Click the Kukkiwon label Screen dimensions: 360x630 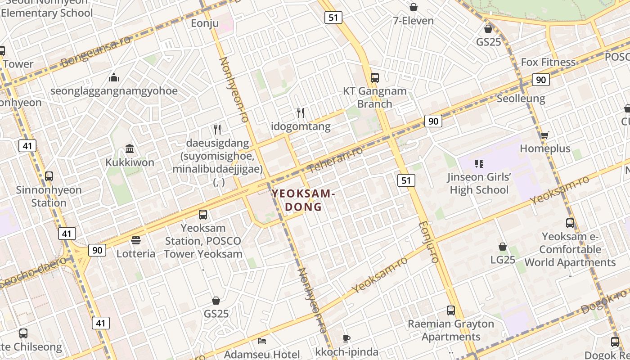130,162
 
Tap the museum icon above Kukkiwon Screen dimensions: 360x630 130,148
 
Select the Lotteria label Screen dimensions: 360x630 136,254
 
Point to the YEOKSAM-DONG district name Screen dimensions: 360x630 303,201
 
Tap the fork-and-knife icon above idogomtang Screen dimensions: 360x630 301,113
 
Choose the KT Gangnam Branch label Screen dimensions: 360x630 375,97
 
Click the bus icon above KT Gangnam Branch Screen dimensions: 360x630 375,78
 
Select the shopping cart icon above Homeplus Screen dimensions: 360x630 544,135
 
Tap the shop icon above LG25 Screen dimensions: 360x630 503,247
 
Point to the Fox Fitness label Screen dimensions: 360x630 548,62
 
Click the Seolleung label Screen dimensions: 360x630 521,99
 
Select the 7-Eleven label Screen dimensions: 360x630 413,21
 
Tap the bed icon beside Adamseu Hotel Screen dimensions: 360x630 262,341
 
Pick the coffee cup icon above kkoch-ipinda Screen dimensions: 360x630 346,338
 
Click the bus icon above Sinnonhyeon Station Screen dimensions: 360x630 49,176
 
